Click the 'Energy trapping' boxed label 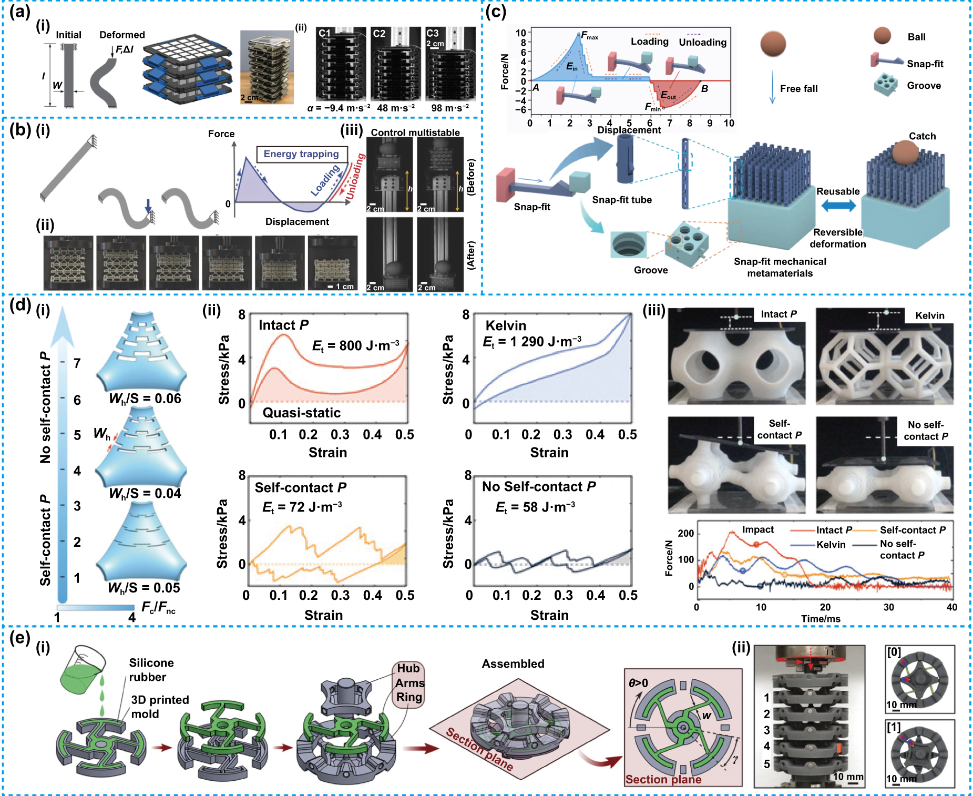[301, 154]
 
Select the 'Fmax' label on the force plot [589, 36]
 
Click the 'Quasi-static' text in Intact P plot [302, 413]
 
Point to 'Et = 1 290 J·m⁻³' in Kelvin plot [532, 342]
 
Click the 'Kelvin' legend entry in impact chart [831, 545]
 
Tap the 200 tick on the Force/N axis [685, 533]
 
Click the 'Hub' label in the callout [408, 668]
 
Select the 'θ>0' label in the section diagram [638, 683]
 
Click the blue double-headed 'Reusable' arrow [838, 206]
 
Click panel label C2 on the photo [379, 34]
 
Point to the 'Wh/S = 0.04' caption [145, 493]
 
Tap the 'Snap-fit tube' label [622, 200]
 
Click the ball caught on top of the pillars [905, 153]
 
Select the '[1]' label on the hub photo [894, 728]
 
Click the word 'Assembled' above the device [513, 664]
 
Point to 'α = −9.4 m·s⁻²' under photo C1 [339, 108]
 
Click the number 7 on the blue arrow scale [77, 363]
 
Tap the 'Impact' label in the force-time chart [757, 529]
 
